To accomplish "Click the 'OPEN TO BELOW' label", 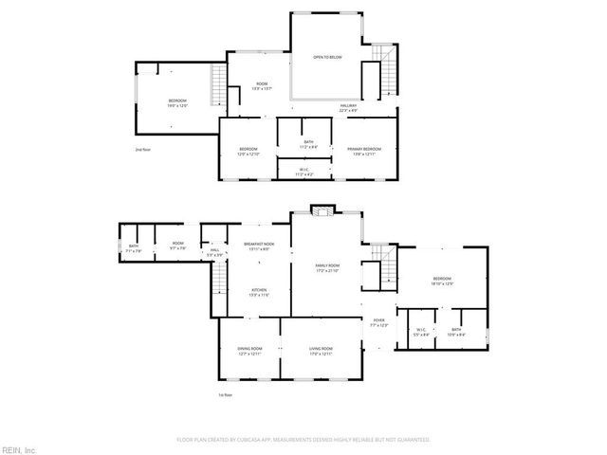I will (327, 58).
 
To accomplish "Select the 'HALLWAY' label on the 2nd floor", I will (350, 106).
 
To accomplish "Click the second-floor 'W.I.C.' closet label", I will (303, 172).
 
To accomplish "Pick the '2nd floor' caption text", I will (143, 150).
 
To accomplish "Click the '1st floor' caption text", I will (225, 394).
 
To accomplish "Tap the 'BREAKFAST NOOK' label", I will (258, 246).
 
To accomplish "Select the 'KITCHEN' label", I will (258, 291).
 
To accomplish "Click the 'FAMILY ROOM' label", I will (327, 267).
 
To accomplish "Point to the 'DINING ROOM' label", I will (249, 350).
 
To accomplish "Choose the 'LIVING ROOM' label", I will (321, 350).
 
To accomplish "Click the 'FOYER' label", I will (377, 322).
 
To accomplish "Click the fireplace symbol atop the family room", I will (322, 210).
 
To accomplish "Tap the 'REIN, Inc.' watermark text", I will (19, 448).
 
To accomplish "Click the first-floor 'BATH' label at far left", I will (133, 248).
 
